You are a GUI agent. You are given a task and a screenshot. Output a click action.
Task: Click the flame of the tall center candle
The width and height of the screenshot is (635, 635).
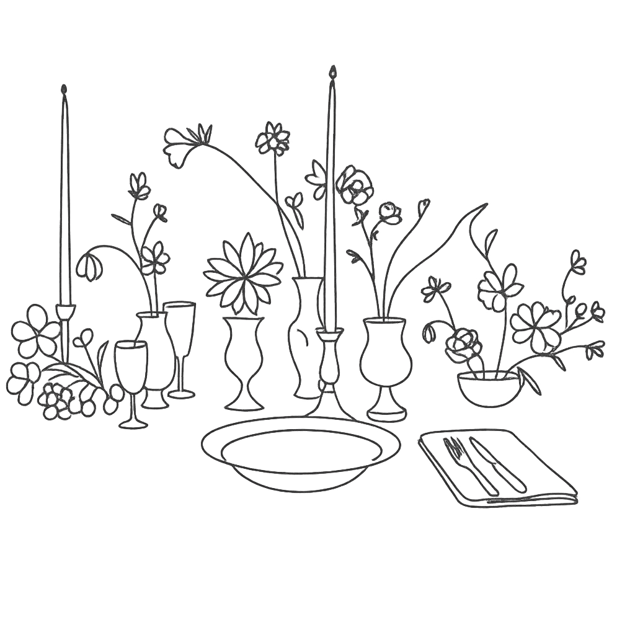333,73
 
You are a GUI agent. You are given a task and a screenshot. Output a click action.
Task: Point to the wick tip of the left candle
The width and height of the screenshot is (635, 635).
63,91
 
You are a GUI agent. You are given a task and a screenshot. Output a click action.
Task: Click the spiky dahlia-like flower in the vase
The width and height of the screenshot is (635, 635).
242,273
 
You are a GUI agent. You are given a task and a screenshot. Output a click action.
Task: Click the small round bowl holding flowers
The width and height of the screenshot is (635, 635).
489,389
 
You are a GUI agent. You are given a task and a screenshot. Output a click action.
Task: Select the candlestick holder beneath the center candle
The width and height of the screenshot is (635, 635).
329,366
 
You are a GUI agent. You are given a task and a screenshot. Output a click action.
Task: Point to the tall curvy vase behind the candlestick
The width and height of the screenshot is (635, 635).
306,335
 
